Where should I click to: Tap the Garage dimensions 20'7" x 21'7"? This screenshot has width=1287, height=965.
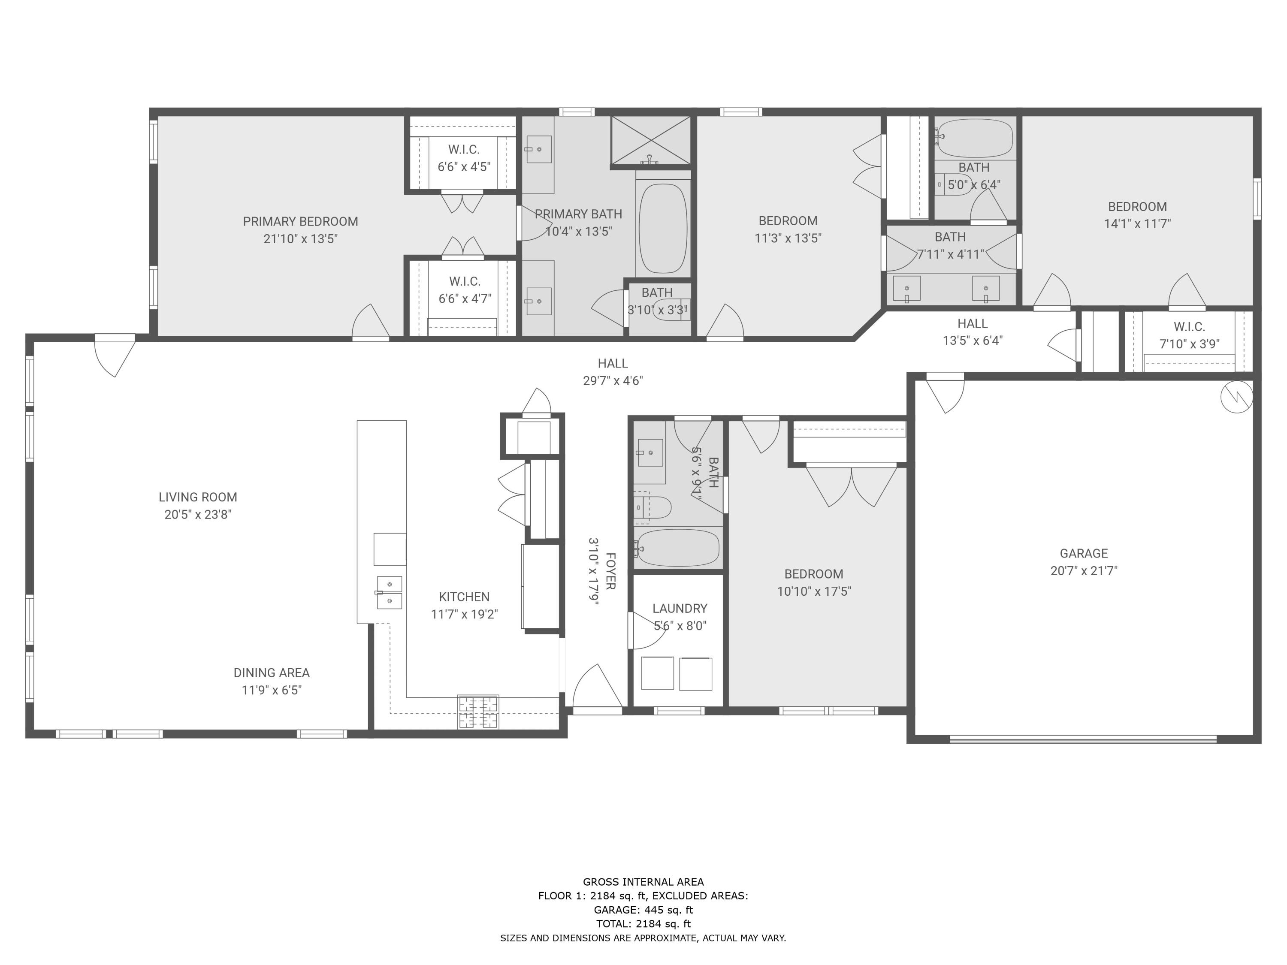click(x=1083, y=570)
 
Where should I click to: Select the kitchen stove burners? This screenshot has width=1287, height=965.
click(x=477, y=712)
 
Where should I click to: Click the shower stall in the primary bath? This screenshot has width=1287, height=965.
click(x=650, y=140)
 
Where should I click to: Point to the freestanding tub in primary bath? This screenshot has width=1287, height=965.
click(x=663, y=229)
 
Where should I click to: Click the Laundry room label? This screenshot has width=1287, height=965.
click(x=680, y=609)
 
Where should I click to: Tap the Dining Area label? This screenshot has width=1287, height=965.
click(x=271, y=672)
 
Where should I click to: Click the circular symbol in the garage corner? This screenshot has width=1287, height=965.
click(x=1236, y=397)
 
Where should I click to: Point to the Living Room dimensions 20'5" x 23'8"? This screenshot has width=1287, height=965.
click(x=198, y=514)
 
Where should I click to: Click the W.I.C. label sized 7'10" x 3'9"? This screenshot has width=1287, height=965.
click(x=1189, y=326)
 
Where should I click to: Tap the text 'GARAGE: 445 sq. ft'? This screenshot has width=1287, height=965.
click(x=643, y=910)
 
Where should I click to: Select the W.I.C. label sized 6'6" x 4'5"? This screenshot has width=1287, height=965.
click(x=464, y=150)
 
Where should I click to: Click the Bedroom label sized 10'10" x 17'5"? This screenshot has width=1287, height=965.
click(x=813, y=574)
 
